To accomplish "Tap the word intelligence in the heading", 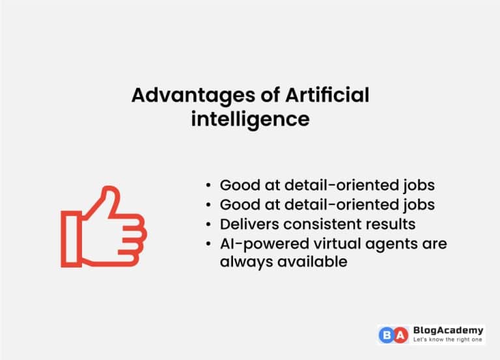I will tap(250, 119).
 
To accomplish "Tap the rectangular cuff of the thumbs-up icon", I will tap(71, 238).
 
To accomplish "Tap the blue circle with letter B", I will tap(387, 335).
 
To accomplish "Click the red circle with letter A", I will tap(402, 335).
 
